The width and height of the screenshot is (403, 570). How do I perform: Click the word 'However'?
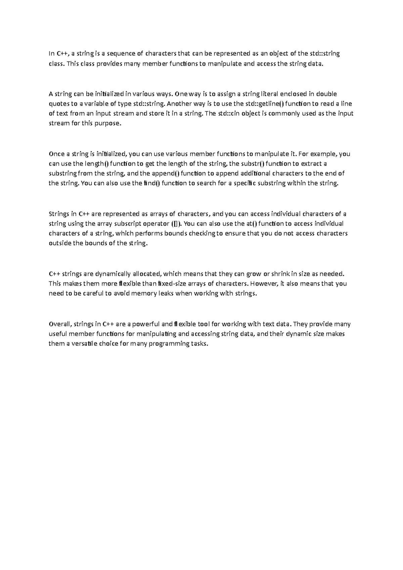[x=264, y=284]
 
